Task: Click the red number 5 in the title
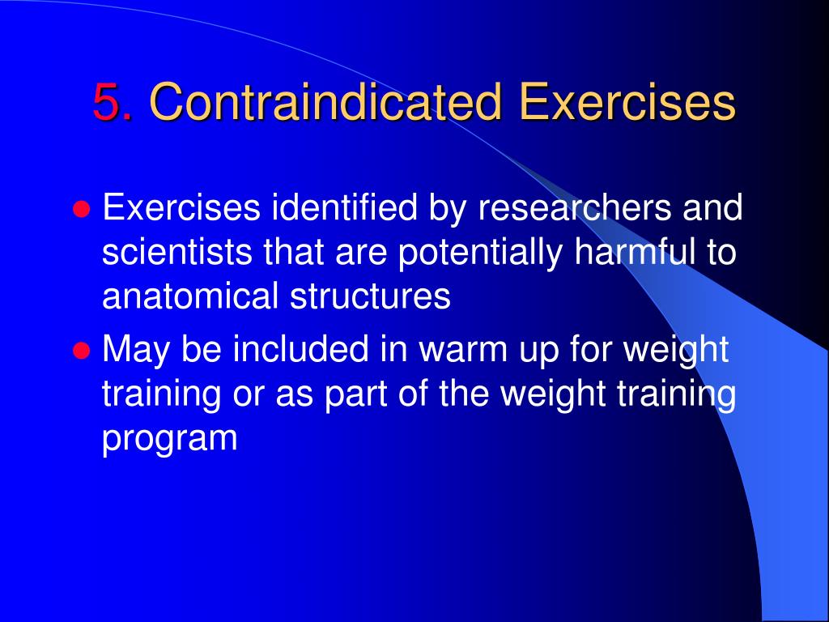[x=112, y=103]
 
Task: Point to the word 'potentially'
[x=482, y=254]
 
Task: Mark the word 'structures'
[x=367, y=297]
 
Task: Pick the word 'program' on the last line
[x=170, y=440]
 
